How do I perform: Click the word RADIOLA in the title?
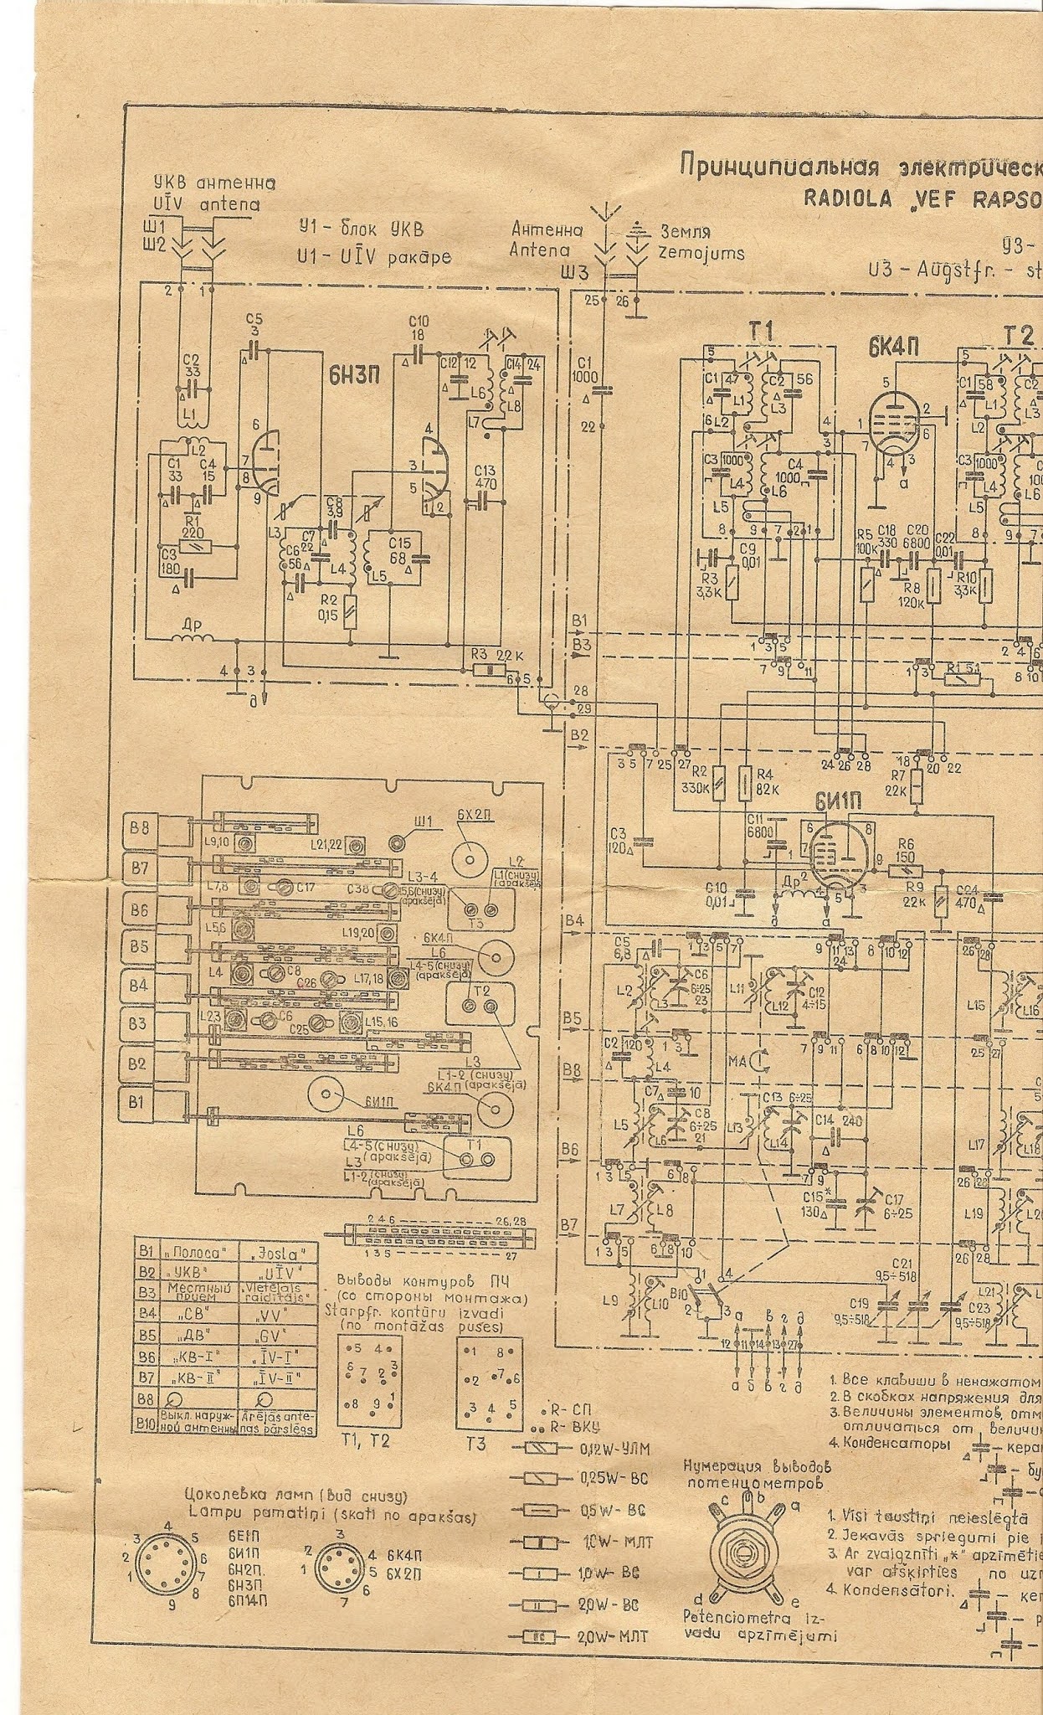842,198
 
